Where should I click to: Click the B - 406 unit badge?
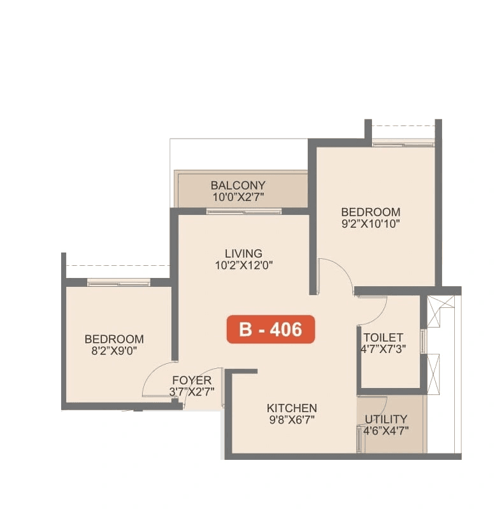270,329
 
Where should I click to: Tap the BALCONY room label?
238,186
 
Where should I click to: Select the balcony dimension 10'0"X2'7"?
238,197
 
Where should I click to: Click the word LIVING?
243,253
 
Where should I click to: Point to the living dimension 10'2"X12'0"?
243,265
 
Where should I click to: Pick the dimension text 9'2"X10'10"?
371,223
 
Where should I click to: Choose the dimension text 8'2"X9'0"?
115,350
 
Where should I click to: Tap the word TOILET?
384,337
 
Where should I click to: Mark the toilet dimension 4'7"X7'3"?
384,349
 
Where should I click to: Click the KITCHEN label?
292,408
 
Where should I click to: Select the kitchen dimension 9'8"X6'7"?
292,419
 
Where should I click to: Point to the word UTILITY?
386,419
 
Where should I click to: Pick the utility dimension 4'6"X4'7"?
386,430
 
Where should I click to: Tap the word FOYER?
192,380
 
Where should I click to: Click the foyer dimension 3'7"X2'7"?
192,392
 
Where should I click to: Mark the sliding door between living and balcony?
244,211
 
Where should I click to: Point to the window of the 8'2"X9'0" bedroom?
118,282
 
